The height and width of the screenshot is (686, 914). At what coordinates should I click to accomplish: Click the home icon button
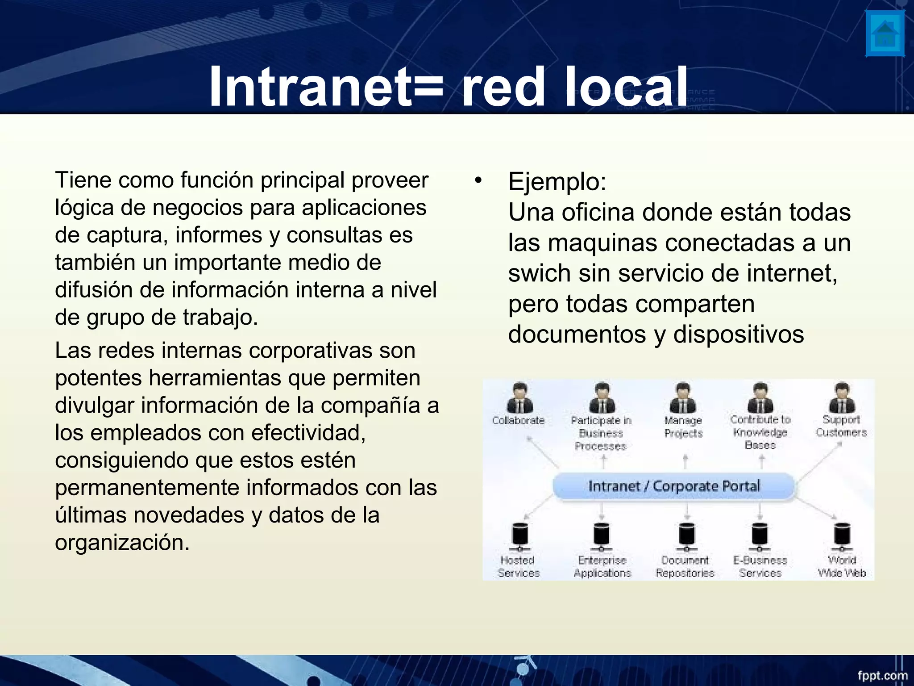(x=885, y=33)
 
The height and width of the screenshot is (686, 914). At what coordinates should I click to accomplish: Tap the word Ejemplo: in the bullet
(x=557, y=182)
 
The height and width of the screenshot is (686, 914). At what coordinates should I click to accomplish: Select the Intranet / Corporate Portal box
(x=673, y=486)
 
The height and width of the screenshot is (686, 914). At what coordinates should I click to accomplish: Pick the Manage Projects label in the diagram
(x=683, y=427)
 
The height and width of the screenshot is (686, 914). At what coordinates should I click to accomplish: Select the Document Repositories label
(x=685, y=566)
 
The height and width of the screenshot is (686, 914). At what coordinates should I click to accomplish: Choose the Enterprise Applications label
(x=602, y=566)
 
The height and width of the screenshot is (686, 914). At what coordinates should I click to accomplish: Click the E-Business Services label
(x=760, y=566)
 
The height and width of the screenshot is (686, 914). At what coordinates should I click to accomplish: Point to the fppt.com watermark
(x=883, y=675)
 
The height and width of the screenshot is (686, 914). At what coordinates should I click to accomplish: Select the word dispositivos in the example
(x=739, y=334)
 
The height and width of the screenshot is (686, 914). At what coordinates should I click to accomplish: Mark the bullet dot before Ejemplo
(x=478, y=180)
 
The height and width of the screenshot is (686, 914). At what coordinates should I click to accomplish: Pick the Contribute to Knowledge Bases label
(x=760, y=432)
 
